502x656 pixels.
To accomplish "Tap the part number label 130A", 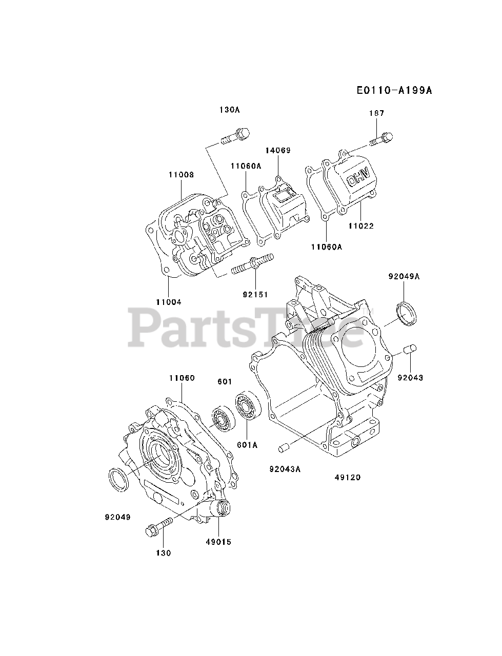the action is pyautogui.click(x=230, y=110).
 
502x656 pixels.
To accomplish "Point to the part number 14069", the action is pyautogui.click(x=278, y=150).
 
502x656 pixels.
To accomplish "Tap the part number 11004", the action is pyautogui.click(x=169, y=302).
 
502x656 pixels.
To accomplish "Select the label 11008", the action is pyautogui.click(x=181, y=174).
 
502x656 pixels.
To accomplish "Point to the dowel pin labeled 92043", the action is pyautogui.click(x=408, y=351).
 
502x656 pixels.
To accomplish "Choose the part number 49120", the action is pyautogui.click(x=348, y=477).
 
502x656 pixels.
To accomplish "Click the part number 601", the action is pyautogui.click(x=225, y=382).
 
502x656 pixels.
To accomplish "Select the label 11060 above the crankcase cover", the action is pyautogui.click(x=182, y=378).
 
